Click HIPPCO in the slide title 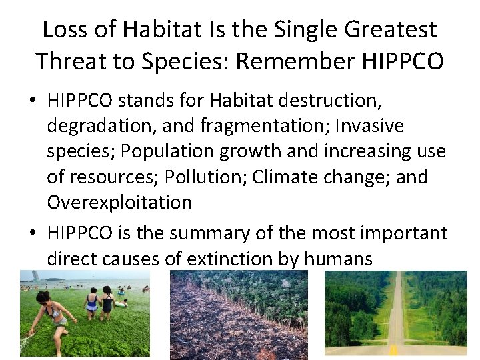[x=403, y=61]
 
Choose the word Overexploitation [x=119, y=202]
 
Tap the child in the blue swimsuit [x=91, y=304]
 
